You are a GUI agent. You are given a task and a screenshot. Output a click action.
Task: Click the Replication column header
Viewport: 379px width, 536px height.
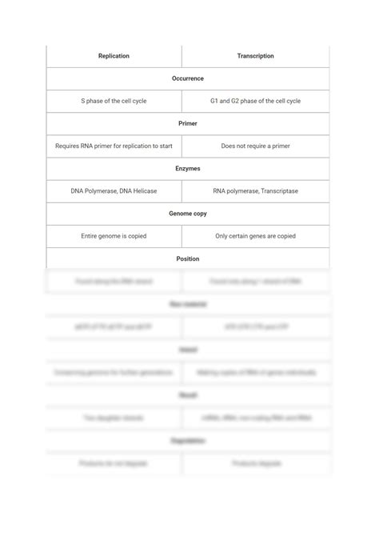pyautogui.click(x=114, y=56)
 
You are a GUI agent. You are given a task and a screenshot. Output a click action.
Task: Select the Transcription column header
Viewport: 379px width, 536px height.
pyautogui.click(x=255, y=56)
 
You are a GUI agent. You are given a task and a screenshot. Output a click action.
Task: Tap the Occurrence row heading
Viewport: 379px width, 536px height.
pyautogui.click(x=188, y=78)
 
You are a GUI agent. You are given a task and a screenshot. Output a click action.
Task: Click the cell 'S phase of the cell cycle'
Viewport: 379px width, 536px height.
pyautogui.click(x=114, y=101)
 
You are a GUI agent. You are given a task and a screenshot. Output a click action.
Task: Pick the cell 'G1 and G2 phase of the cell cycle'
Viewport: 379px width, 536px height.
pyautogui.click(x=255, y=101)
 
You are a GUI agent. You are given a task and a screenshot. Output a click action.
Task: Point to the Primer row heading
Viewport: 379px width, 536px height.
pyautogui.click(x=188, y=124)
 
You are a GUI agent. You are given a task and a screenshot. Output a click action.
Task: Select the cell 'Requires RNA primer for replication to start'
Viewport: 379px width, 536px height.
pyautogui.click(x=114, y=146)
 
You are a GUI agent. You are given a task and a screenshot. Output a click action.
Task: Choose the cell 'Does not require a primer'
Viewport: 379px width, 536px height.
pyautogui.click(x=255, y=146)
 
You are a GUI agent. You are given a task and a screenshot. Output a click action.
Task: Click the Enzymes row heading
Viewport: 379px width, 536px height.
pyautogui.click(x=188, y=169)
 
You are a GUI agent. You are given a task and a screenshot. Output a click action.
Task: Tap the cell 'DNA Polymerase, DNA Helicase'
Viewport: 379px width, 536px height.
pyautogui.click(x=114, y=191)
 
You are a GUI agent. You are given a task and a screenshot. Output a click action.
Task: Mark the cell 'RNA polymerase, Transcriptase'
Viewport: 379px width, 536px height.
pyautogui.click(x=255, y=191)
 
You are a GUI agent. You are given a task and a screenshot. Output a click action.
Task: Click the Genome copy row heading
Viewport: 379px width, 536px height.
pyautogui.click(x=188, y=214)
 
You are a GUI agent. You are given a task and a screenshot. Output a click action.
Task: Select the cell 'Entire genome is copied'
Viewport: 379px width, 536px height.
pyautogui.click(x=114, y=236)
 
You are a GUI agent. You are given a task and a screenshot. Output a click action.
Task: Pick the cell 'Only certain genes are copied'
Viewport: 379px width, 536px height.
pyautogui.click(x=255, y=236)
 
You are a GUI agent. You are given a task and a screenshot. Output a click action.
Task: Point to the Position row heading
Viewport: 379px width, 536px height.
pyautogui.click(x=188, y=258)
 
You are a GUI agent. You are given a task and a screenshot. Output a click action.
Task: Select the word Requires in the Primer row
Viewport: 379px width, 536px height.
pyautogui.click(x=68, y=146)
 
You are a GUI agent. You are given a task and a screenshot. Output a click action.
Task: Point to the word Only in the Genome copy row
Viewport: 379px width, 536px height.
pyautogui.click(x=222, y=236)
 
